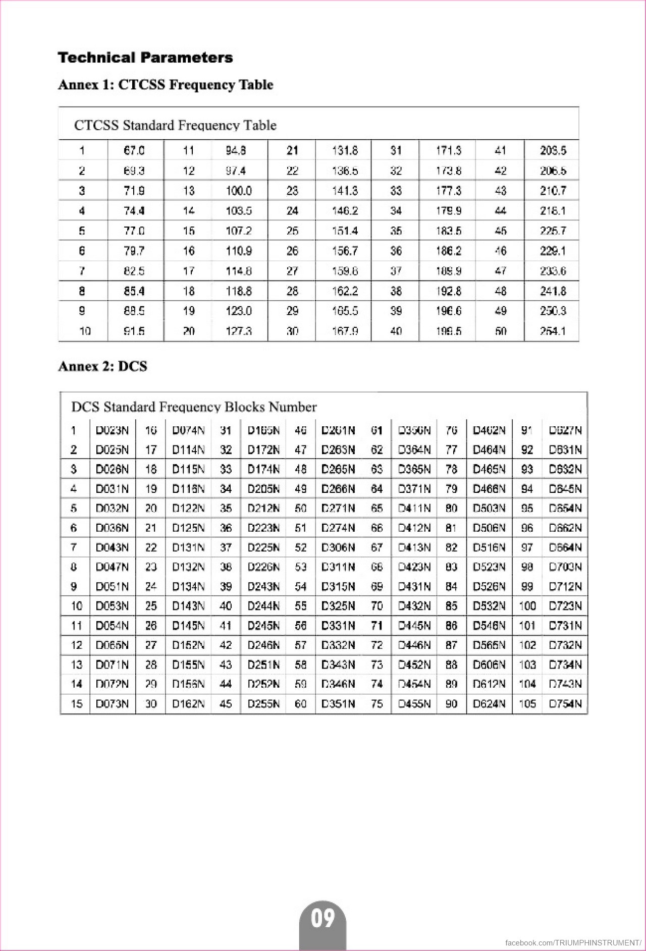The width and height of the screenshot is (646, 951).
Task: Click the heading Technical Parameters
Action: point(145,58)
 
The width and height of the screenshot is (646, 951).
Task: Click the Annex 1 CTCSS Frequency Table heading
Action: point(166,84)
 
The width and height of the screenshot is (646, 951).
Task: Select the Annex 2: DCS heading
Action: point(102,366)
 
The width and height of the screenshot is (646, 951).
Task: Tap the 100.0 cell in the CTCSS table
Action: point(239,191)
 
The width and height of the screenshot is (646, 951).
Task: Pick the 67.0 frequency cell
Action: point(134,150)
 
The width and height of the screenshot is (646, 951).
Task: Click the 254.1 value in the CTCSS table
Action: point(553,331)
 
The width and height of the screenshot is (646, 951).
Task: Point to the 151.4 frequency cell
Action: point(345,231)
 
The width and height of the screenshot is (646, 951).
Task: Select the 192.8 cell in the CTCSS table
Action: point(448,291)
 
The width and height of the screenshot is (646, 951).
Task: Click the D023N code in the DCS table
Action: point(112,430)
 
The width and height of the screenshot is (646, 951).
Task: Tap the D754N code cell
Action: point(565,704)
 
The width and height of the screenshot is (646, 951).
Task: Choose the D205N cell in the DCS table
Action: point(263,489)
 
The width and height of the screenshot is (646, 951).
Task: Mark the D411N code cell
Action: point(414,509)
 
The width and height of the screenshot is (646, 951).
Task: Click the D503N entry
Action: point(489,509)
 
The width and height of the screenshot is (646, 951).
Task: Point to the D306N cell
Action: point(338,547)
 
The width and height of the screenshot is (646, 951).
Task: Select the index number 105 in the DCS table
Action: point(527,704)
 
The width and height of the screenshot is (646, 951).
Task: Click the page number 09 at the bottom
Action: point(323,918)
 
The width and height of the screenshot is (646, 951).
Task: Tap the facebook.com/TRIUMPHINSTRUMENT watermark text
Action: point(573,942)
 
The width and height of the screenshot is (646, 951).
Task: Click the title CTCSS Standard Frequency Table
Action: point(175,125)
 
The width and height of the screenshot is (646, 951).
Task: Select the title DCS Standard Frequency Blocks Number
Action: point(194,407)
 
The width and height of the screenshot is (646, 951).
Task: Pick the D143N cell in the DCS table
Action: point(188,606)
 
